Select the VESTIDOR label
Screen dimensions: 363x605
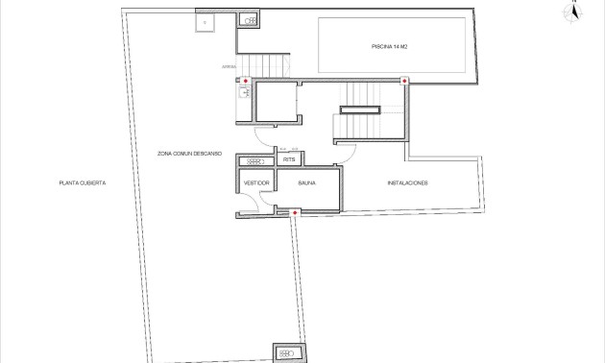pos(255,182)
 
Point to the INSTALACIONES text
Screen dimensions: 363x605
pos(407,182)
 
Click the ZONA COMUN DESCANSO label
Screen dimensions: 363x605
pos(190,154)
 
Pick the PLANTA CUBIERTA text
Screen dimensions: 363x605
pos(82,182)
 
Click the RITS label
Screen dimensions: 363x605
pos(288,160)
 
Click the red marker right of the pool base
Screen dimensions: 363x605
pos(405,81)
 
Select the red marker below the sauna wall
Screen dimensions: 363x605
pos(294,212)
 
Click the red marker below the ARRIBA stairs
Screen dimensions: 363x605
pos(245,81)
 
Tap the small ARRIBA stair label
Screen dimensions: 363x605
pos(229,67)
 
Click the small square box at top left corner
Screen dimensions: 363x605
pos(204,21)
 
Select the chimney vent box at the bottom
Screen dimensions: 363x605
pos(286,352)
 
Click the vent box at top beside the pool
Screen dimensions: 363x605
pos(249,20)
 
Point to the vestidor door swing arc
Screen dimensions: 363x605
pos(252,202)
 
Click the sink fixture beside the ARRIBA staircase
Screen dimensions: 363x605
pos(244,93)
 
